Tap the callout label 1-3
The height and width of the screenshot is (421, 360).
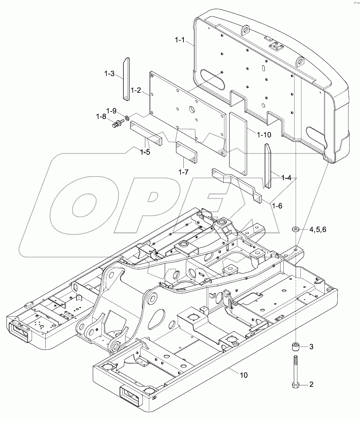109,74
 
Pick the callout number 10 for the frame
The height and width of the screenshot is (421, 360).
243,375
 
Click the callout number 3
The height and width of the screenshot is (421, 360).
311,347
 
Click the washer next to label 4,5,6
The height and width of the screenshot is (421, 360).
296,229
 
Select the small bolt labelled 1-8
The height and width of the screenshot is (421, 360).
117,125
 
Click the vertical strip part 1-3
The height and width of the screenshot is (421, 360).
126,78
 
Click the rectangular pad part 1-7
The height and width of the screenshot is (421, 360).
186,153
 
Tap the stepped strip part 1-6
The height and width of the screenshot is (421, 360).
238,183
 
